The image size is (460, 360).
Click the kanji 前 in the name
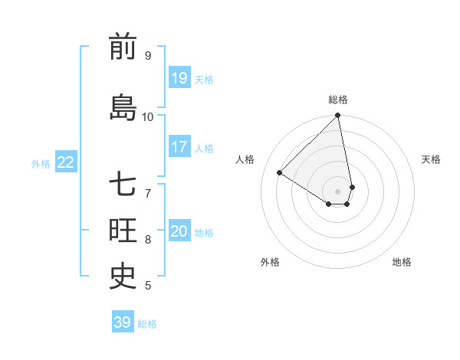point(123,47)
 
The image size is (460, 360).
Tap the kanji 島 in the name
point(123,106)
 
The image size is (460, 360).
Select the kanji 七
point(123,185)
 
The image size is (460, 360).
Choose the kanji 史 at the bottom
point(123,276)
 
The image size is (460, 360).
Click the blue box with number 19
point(179,77)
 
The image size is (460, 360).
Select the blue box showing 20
point(179,231)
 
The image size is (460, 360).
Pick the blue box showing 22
point(66,162)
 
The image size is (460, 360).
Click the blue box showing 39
point(122,322)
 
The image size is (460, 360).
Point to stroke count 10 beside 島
point(148,116)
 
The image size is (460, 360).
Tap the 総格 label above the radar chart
point(338,100)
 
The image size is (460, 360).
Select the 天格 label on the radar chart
point(432,159)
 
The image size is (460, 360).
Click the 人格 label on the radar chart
point(245,159)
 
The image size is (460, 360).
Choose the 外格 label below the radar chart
point(270,262)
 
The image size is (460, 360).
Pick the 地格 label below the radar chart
point(402,262)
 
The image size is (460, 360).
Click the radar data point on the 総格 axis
point(338,116)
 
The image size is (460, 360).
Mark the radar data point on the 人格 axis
point(280,173)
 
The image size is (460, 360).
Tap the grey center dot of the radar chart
point(338,191)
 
